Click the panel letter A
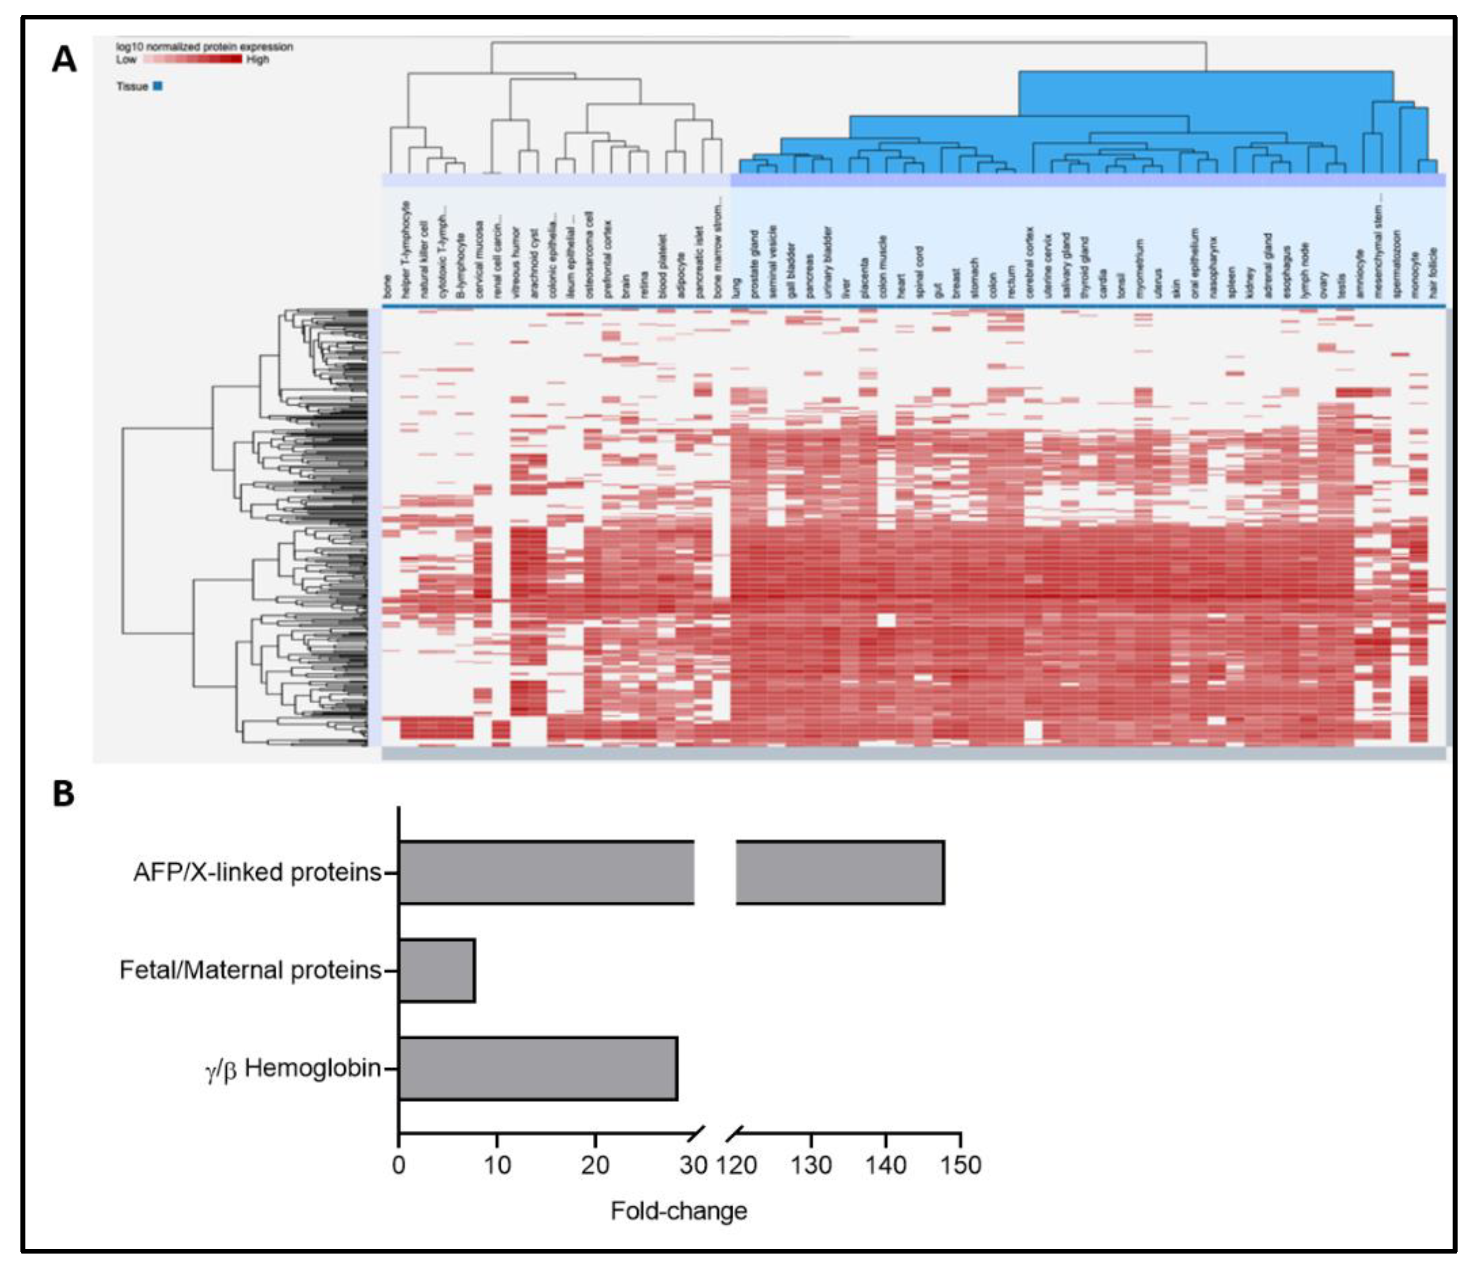coord(64,59)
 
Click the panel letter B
coord(64,794)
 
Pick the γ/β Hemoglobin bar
coord(538,1068)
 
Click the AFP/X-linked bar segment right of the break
coord(840,872)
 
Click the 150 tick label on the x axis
coord(960,1165)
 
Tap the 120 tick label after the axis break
coord(737,1165)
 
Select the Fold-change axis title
coord(678,1211)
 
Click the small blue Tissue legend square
coord(158,86)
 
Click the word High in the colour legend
coord(258,60)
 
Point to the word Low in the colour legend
coord(126,60)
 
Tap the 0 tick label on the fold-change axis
coord(399,1165)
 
